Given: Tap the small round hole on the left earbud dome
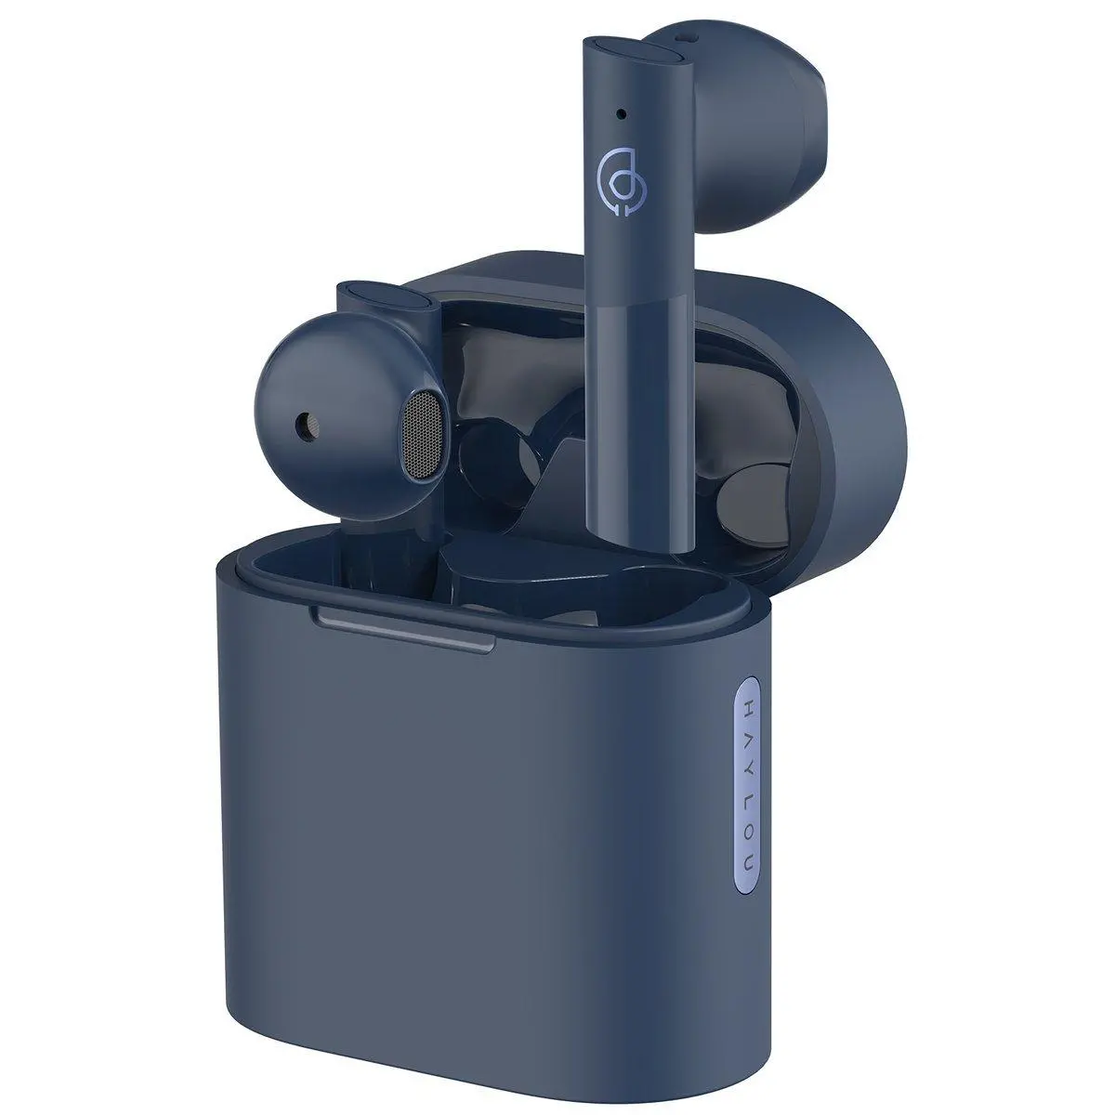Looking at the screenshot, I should click(302, 426).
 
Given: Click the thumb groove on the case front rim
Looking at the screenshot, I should click(404, 623).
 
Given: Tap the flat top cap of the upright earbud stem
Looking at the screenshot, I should click(632, 52).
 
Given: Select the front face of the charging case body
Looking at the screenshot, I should click(465, 818).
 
